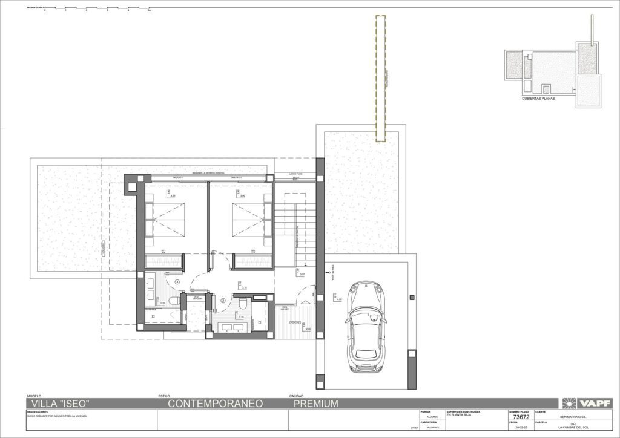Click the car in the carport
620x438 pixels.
pos(366,327)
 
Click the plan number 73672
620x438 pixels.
pos(521,417)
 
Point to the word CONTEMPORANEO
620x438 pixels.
pos(214,404)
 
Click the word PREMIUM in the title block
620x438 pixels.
pos(315,404)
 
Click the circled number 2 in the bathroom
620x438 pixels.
pos(223,299)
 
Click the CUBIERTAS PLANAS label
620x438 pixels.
pos(538,97)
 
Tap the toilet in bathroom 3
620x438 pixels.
pos(174,300)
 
